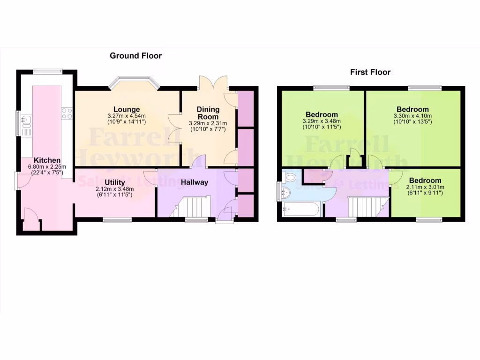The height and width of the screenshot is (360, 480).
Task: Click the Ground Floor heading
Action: (x=135, y=56)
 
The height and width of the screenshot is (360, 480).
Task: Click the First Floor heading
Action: (x=370, y=72)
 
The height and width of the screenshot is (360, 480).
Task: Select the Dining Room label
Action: (x=208, y=113)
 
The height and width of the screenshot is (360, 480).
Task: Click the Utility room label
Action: (x=114, y=182)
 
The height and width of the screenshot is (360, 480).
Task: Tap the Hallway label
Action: (x=195, y=182)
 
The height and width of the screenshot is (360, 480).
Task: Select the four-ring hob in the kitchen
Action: (x=67, y=113)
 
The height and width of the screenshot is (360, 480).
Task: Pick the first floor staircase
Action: (x=367, y=207)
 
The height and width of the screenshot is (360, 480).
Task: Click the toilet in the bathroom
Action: (x=290, y=178)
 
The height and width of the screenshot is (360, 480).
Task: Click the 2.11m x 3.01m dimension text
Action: (x=425, y=187)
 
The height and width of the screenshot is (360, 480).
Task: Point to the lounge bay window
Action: (x=134, y=84)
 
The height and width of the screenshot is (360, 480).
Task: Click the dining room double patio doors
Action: (x=214, y=82)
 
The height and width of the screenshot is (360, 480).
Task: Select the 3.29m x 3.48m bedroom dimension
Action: (x=322, y=121)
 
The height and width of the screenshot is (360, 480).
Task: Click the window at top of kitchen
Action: (x=47, y=71)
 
